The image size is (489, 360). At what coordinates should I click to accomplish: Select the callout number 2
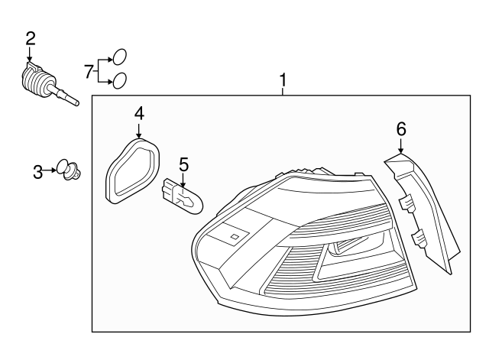point(30,37)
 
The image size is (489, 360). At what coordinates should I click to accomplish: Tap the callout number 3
point(38,172)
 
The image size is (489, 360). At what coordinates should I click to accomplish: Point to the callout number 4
point(139,113)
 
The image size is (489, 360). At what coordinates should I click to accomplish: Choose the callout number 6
point(400,128)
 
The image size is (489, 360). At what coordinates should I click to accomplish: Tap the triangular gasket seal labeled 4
point(133,169)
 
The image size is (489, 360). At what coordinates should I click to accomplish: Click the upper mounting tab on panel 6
point(406,203)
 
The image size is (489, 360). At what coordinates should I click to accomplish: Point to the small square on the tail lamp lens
point(235,237)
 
